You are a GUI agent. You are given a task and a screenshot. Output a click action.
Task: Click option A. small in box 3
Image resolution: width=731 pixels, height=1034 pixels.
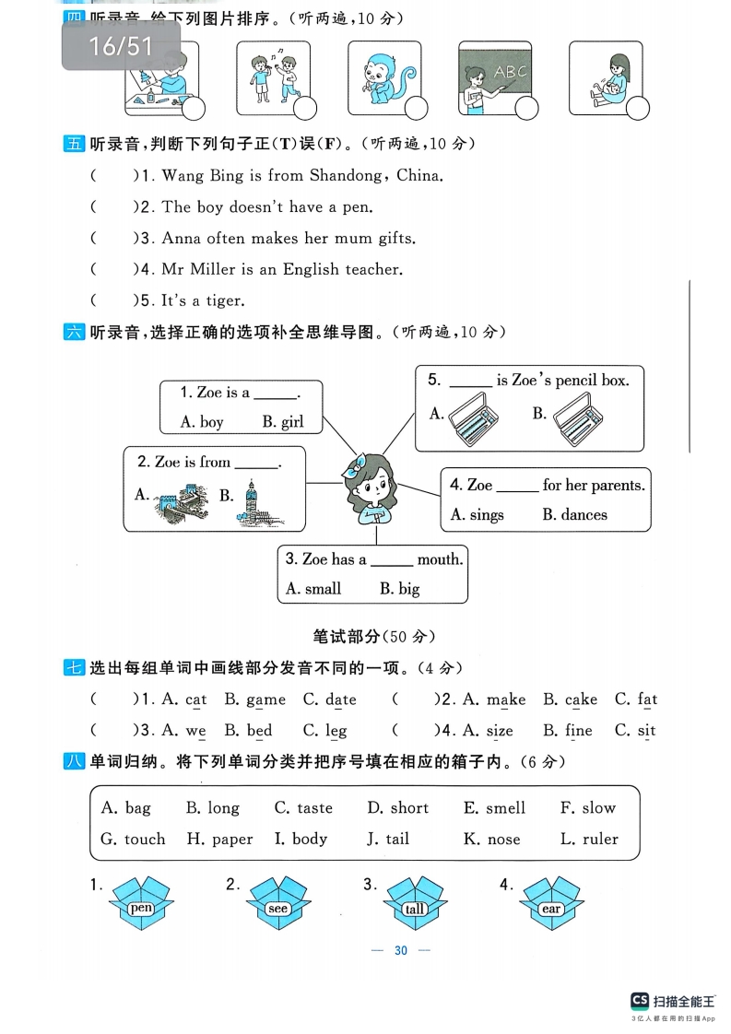[x=313, y=589]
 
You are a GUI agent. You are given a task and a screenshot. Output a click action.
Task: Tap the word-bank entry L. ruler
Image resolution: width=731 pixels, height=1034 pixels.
[x=589, y=840]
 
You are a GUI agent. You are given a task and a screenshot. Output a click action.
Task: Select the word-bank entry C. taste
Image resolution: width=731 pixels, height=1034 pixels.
[x=303, y=808]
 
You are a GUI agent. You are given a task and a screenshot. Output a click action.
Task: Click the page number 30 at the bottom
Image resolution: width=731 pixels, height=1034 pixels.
[x=400, y=951]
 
